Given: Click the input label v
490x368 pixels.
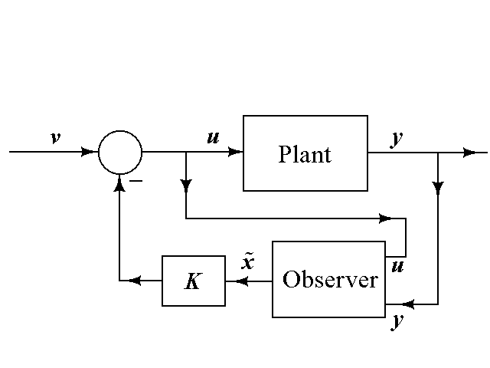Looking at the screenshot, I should pos(55,138).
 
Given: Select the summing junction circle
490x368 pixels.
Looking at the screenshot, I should pos(120,152).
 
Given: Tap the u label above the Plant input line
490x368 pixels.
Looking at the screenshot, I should pos(213,138).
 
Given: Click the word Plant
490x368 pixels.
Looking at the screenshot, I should pos(305,154).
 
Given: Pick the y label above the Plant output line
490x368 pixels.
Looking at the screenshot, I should pos(397,140).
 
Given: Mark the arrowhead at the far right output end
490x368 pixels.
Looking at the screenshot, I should pos(469,152).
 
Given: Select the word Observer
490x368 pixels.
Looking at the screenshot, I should pos(330,280).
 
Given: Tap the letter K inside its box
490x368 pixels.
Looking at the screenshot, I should pos(193,281).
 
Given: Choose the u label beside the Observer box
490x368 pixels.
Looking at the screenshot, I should pos(397,267).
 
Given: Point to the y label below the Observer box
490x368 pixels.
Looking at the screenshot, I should pos(397,320).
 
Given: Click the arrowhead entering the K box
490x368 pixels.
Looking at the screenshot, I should pos(231,281).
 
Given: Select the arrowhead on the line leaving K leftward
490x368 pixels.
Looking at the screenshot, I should pos(135,281).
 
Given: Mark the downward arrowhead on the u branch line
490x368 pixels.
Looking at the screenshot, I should pos(187,187).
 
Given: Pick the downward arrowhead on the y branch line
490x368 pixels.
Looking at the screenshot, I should pos(438,187).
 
